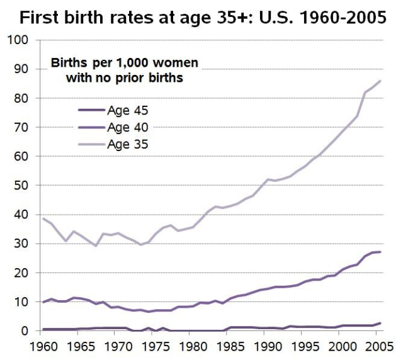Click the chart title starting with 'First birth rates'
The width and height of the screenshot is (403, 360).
201,17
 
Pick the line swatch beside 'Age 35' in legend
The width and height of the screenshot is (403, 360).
90,144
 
